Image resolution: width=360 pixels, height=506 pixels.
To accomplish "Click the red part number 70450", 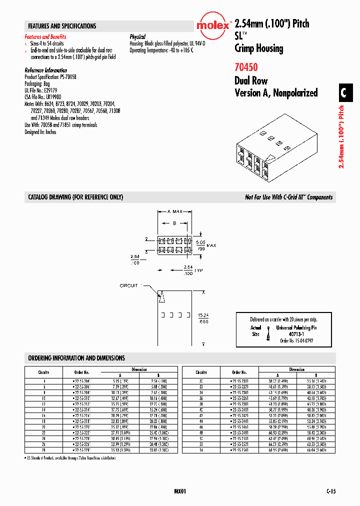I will pos(246,66).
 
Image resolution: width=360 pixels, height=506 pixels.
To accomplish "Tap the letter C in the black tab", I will pos(343,92).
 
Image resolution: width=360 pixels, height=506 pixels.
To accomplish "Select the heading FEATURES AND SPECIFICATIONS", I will pos(62,26).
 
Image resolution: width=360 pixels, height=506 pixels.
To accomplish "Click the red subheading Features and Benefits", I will pos(45,37).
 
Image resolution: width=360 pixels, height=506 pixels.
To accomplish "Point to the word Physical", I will pos(137,37).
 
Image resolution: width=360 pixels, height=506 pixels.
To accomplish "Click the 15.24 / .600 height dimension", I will pos(203,318).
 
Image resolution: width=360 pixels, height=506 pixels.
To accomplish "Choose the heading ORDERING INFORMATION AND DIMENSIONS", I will pos(76,358).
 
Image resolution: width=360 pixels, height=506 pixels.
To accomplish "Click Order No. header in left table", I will pos(81,372).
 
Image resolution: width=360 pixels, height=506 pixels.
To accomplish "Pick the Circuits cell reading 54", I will pos(201,450).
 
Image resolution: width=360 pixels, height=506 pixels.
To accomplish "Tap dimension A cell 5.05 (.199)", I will pos(119,380).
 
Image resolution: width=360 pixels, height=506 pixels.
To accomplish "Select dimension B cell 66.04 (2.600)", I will pos(315,450).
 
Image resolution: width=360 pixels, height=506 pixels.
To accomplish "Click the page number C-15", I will pos(330,491).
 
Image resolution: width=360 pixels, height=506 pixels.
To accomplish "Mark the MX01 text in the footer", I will pos(180,491).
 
